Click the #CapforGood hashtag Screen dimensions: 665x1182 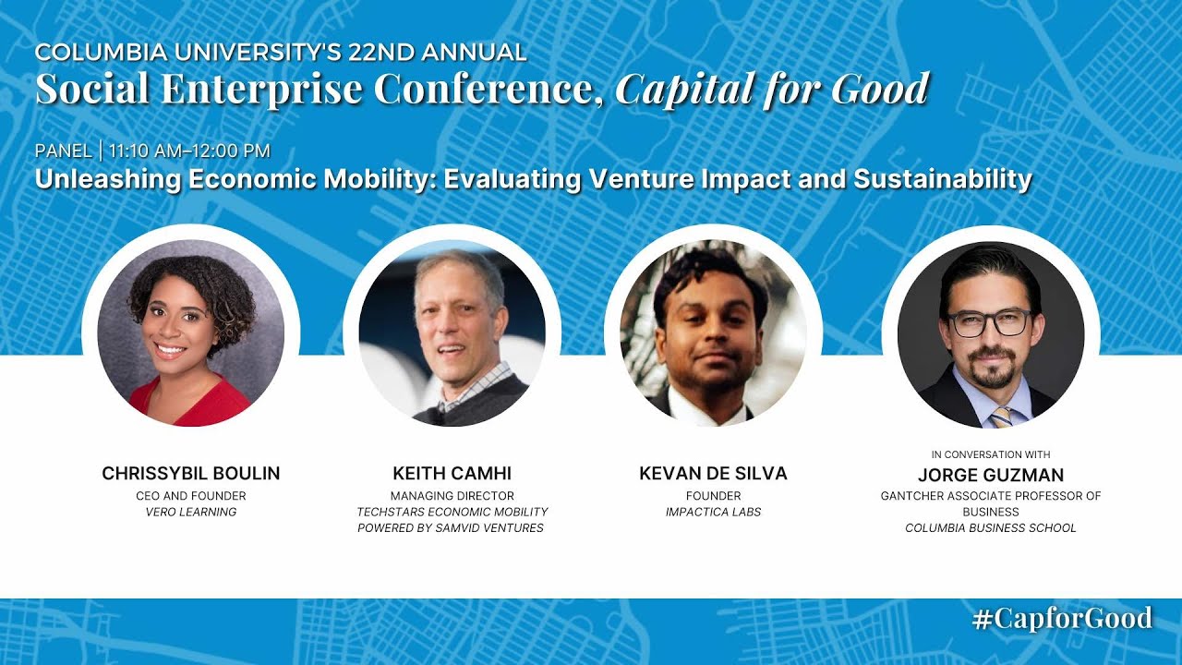pos(1062,618)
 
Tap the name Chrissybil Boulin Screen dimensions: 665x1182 pos(191,474)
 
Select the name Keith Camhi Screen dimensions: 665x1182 pos(452,474)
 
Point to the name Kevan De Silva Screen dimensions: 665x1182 pos(713,474)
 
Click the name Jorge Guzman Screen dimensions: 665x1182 pos(991,476)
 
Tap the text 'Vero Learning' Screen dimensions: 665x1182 pos(191,512)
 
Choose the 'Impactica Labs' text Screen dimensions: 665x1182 pos(713,512)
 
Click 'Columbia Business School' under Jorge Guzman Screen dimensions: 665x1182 pos(991,528)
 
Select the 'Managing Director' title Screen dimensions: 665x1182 pos(452,496)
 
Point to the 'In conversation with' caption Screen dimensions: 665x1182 pos(991,454)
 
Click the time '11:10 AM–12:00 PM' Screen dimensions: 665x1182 pos(189,151)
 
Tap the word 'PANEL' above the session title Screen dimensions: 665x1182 pos(63,151)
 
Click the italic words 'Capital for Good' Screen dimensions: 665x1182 pos(772,90)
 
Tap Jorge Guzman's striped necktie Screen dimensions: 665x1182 pos(1000,417)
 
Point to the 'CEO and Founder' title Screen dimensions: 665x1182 pos(191,496)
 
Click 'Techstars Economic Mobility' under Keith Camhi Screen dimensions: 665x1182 pos(452,512)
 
